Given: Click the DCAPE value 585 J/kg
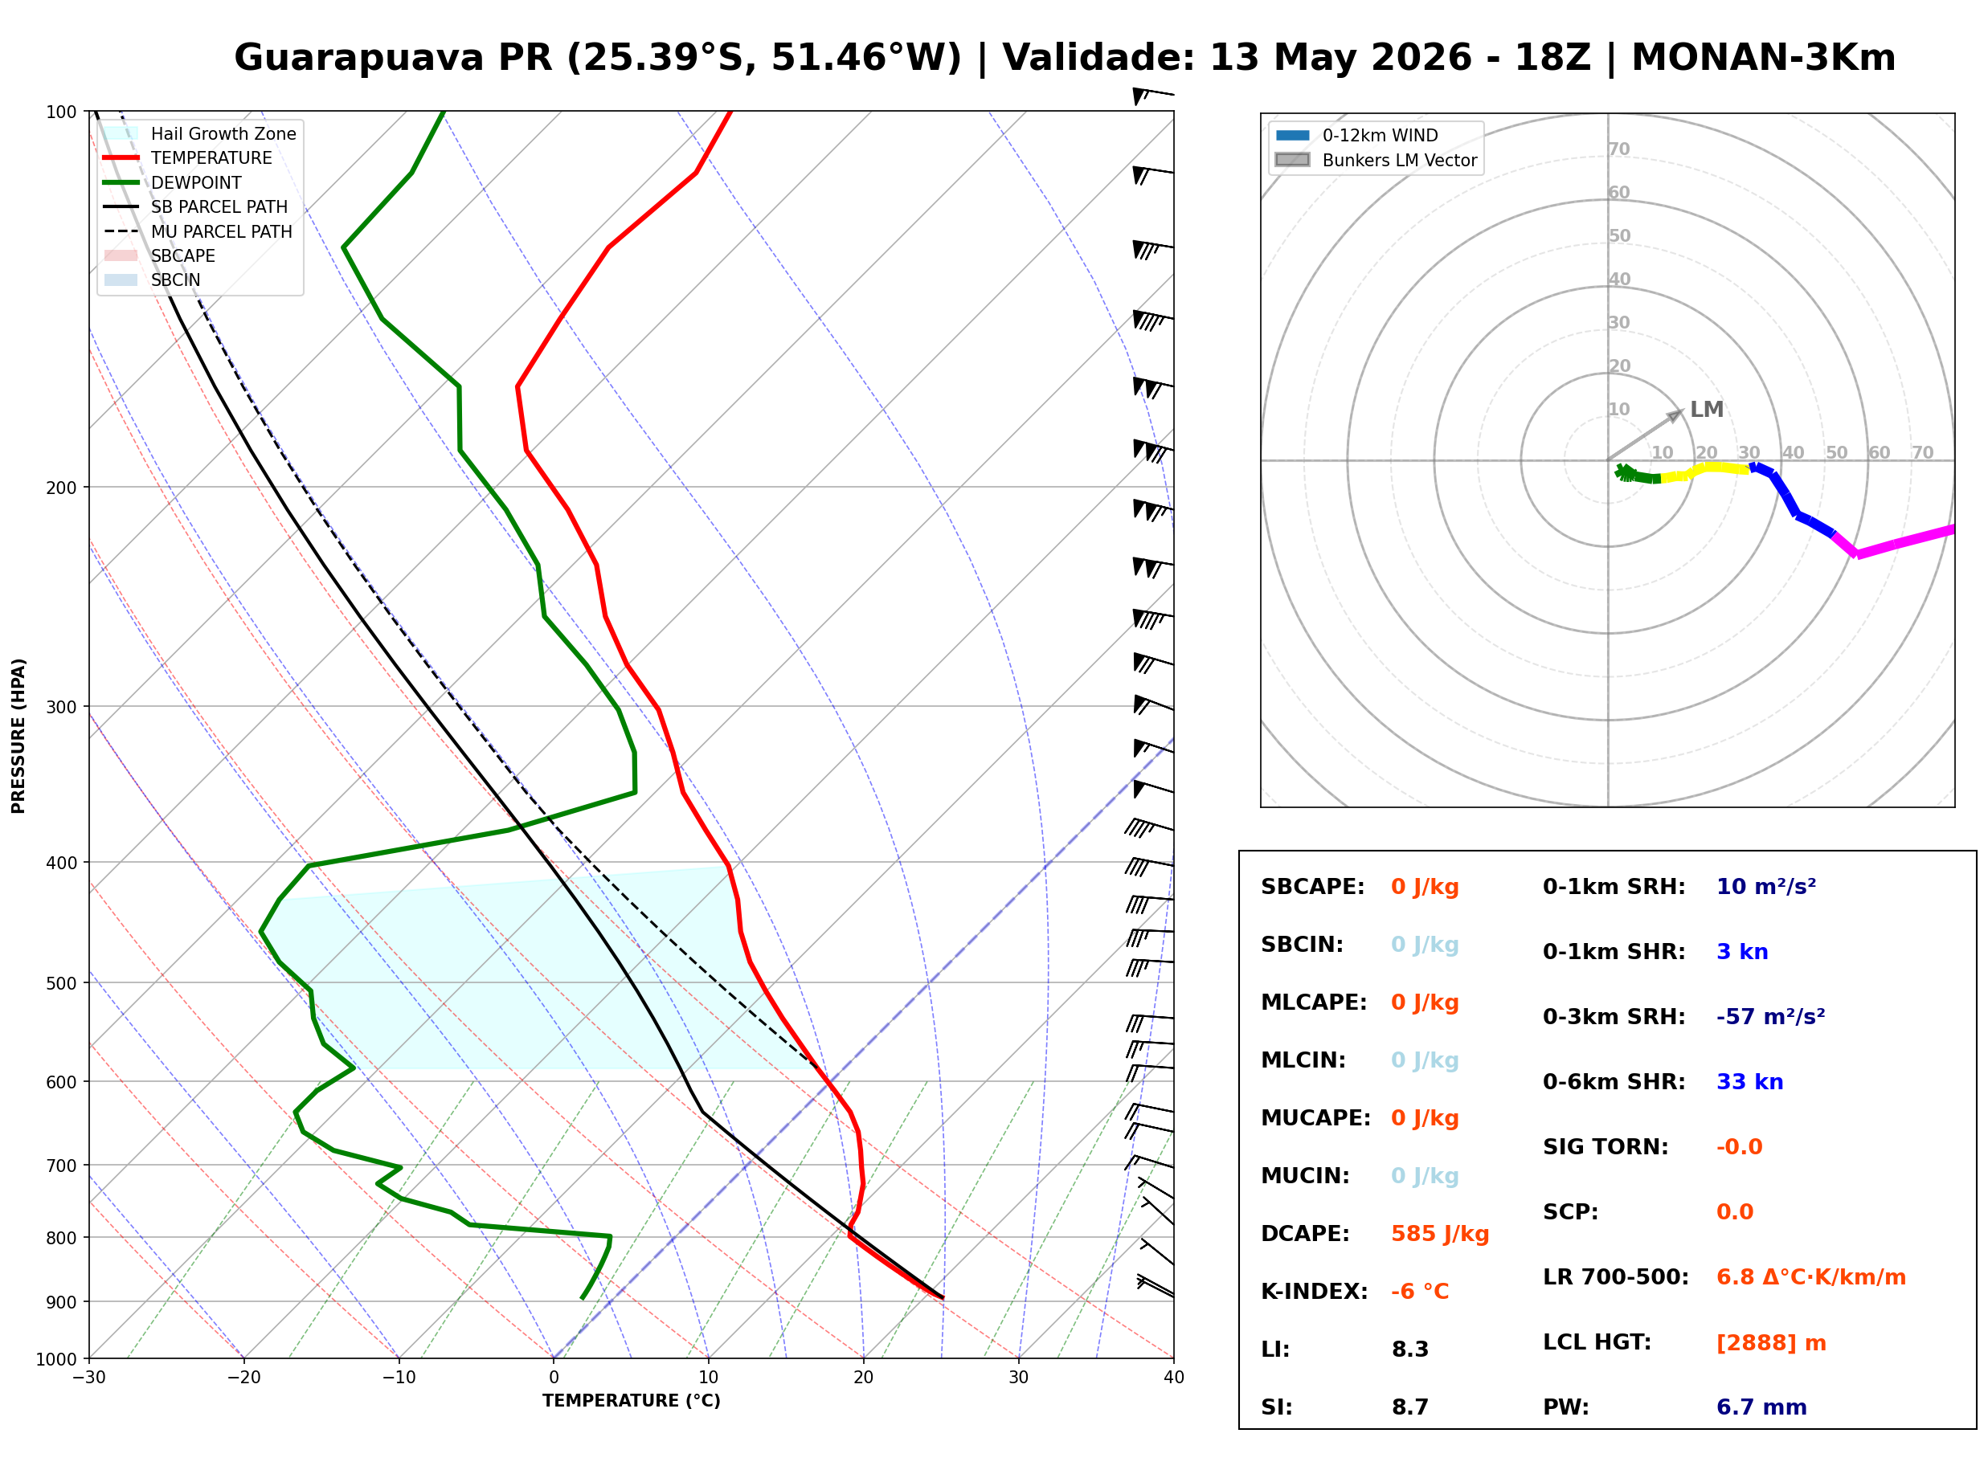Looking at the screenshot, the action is tap(1440, 1234).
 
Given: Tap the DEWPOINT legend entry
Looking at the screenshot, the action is tap(173, 182).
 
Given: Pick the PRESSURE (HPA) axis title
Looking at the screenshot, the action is tap(18, 736).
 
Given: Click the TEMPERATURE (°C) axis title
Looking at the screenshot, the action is tap(631, 1402).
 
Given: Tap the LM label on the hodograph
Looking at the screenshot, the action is tap(1706, 410).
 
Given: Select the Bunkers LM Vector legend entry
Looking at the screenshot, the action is tap(1376, 160).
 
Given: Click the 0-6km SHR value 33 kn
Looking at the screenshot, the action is tap(1749, 1082).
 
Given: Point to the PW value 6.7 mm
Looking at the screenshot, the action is tap(1761, 1407).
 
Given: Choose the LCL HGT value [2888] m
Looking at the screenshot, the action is tap(1771, 1343).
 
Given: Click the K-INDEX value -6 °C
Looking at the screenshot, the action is tap(1420, 1292).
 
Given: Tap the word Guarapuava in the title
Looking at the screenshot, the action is tap(358, 59).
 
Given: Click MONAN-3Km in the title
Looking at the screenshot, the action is tap(1763, 58).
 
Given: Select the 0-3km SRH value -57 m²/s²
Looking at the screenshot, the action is tap(1770, 1016).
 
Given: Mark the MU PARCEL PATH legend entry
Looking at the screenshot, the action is tap(198, 231).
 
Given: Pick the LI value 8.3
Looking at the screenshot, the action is tap(1409, 1350).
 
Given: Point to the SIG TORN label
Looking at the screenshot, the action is tap(1606, 1147).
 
